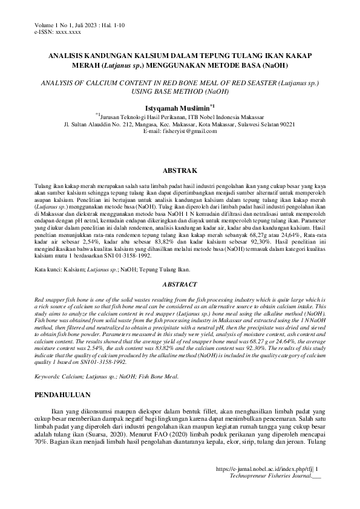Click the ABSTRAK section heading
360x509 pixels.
pos(179,171)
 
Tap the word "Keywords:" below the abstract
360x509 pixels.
pos(50,376)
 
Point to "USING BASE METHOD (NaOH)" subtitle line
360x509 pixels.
pos(180,91)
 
